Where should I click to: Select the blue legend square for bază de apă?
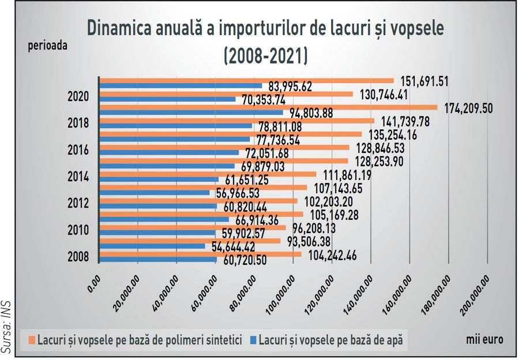(253, 340)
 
